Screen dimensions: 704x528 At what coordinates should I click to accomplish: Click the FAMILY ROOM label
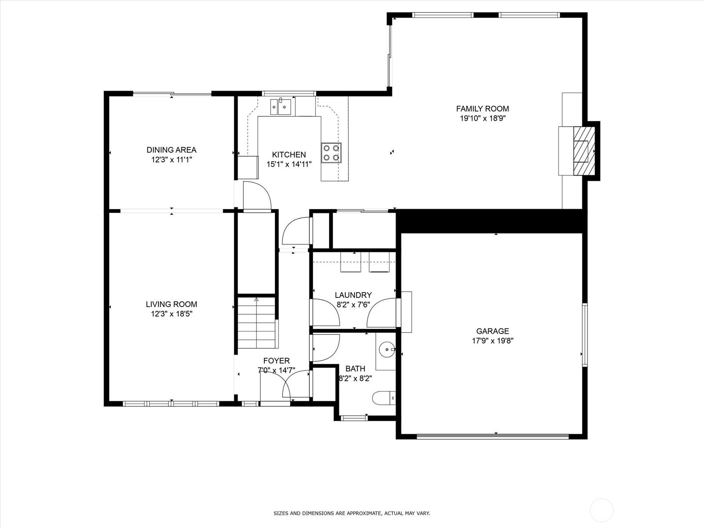click(x=482, y=109)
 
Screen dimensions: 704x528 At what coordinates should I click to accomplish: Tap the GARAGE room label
click(x=492, y=331)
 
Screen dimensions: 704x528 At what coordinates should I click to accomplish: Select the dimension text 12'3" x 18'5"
click(x=172, y=314)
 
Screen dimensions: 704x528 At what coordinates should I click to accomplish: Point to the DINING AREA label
click(x=172, y=150)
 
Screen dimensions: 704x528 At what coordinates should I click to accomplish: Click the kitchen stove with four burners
click(x=331, y=153)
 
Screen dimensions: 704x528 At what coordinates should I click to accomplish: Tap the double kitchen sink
click(x=281, y=107)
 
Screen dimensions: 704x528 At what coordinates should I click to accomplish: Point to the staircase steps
click(x=257, y=323)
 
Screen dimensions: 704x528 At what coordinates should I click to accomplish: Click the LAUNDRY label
click(x=353, y=295)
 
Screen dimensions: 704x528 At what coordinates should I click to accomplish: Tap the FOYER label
click(x=276, y=361)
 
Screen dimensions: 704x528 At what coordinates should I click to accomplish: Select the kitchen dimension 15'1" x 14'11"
click(x=289, y=165)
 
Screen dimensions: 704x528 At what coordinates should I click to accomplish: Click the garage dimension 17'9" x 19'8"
click(x=492, y=341)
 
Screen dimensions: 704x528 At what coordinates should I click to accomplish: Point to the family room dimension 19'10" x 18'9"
click(x=483, y=118)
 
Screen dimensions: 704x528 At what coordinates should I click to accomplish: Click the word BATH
click(x=356, y=369)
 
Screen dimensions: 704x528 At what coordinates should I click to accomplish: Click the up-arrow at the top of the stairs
click(x=256, y=300)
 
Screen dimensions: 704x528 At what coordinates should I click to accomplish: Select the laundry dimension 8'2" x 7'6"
click(x=353, y=304)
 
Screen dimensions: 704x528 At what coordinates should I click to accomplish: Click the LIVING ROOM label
click(x=172, y=304)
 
